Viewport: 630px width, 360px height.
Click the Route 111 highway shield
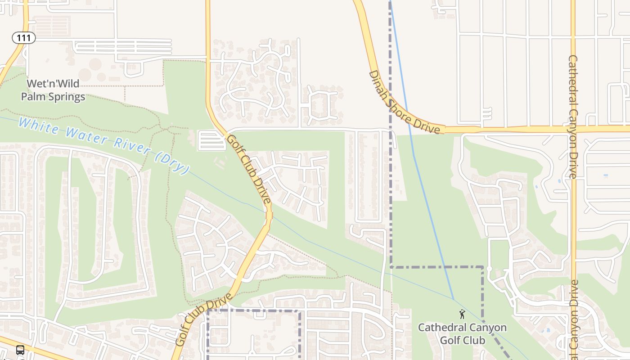23,38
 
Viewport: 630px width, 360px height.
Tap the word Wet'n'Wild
53,84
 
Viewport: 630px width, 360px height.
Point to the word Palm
33,97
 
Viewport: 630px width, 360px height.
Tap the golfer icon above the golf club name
462,314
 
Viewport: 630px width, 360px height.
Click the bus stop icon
20,350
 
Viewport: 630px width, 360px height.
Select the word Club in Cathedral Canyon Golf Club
474,340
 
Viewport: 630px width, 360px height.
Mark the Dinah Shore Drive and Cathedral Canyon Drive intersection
573,129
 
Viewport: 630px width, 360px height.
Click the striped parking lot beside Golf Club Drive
211,140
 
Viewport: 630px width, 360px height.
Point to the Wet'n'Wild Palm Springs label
53,90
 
